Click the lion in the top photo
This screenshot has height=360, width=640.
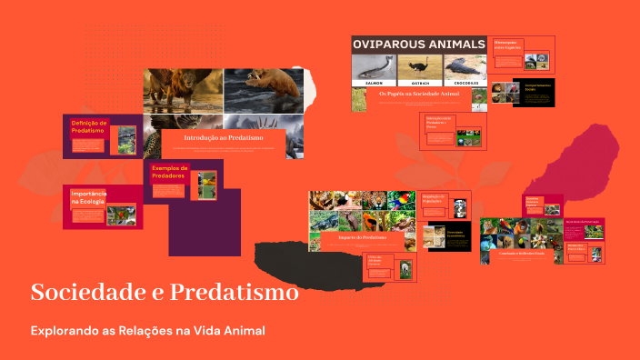pos(182,89)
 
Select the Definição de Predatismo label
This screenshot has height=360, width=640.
pos(89,126)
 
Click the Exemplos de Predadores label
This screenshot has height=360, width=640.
pos(169,171)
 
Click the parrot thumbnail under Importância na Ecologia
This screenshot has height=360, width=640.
pos(118,215)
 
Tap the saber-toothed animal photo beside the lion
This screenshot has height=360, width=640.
pos(264,89)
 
